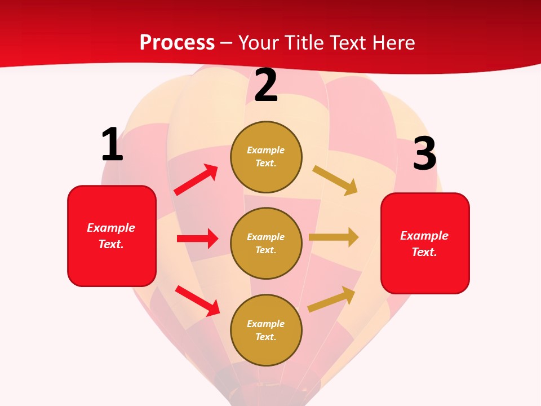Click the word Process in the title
pos(177,42)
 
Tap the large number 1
pos(112,144)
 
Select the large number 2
pos(266,86)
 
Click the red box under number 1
pos(112,236)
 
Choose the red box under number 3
pos(425,244)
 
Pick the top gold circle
pos(266,157)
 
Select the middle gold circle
pos(266,243)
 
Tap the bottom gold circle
pos(266,330)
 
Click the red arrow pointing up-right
pos(196,180)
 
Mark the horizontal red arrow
pos(197,239)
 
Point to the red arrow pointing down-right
pos(197,301)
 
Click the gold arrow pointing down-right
pos(335,180)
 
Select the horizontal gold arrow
pos(334,237)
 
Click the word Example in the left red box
pos(111,228)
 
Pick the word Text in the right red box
pos(424,252)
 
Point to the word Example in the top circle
pos(266,150)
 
